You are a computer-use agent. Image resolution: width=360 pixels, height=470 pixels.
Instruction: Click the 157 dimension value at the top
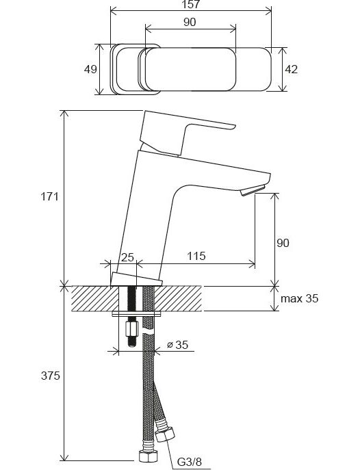tap(191, 5)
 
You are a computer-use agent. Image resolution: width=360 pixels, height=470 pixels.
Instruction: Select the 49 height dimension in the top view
tap(90, 69)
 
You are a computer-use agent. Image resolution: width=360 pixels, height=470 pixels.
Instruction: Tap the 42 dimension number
tap(291, 69)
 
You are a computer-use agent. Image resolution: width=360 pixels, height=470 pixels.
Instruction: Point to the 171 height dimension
tap(50, 197)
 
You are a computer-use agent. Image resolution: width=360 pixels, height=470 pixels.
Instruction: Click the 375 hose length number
tap(51, 376)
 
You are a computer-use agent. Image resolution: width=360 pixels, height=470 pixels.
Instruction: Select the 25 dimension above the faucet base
tap(127, 257)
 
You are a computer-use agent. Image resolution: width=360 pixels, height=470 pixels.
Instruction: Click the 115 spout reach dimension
tap(196, 257)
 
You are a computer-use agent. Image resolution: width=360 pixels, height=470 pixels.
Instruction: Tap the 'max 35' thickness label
tap(300, 298)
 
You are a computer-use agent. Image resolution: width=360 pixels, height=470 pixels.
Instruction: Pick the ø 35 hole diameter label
tap(177, 345)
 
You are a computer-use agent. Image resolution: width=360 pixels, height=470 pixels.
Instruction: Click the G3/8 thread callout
tap(190, 462)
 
